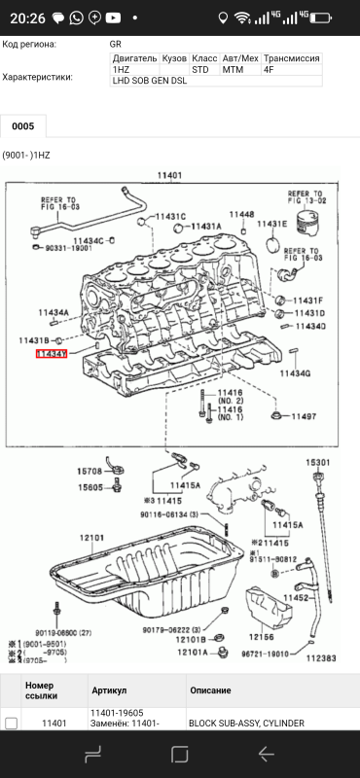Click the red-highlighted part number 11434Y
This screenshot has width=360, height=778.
point(78,355)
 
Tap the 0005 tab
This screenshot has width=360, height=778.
point(22,126)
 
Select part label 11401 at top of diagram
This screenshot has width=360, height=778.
point(170,175)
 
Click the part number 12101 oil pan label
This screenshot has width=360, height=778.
point(91,537)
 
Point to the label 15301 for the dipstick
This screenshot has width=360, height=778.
point(318,462)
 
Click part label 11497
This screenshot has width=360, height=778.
point(304,416)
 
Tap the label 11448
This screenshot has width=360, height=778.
point(242,214)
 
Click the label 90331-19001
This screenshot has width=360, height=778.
point(69,249)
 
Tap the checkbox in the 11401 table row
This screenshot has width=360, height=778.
point(11,724)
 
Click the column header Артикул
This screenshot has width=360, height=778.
point(109,690)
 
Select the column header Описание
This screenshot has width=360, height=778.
point(212,690)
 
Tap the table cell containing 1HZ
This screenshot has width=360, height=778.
point(121,70)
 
